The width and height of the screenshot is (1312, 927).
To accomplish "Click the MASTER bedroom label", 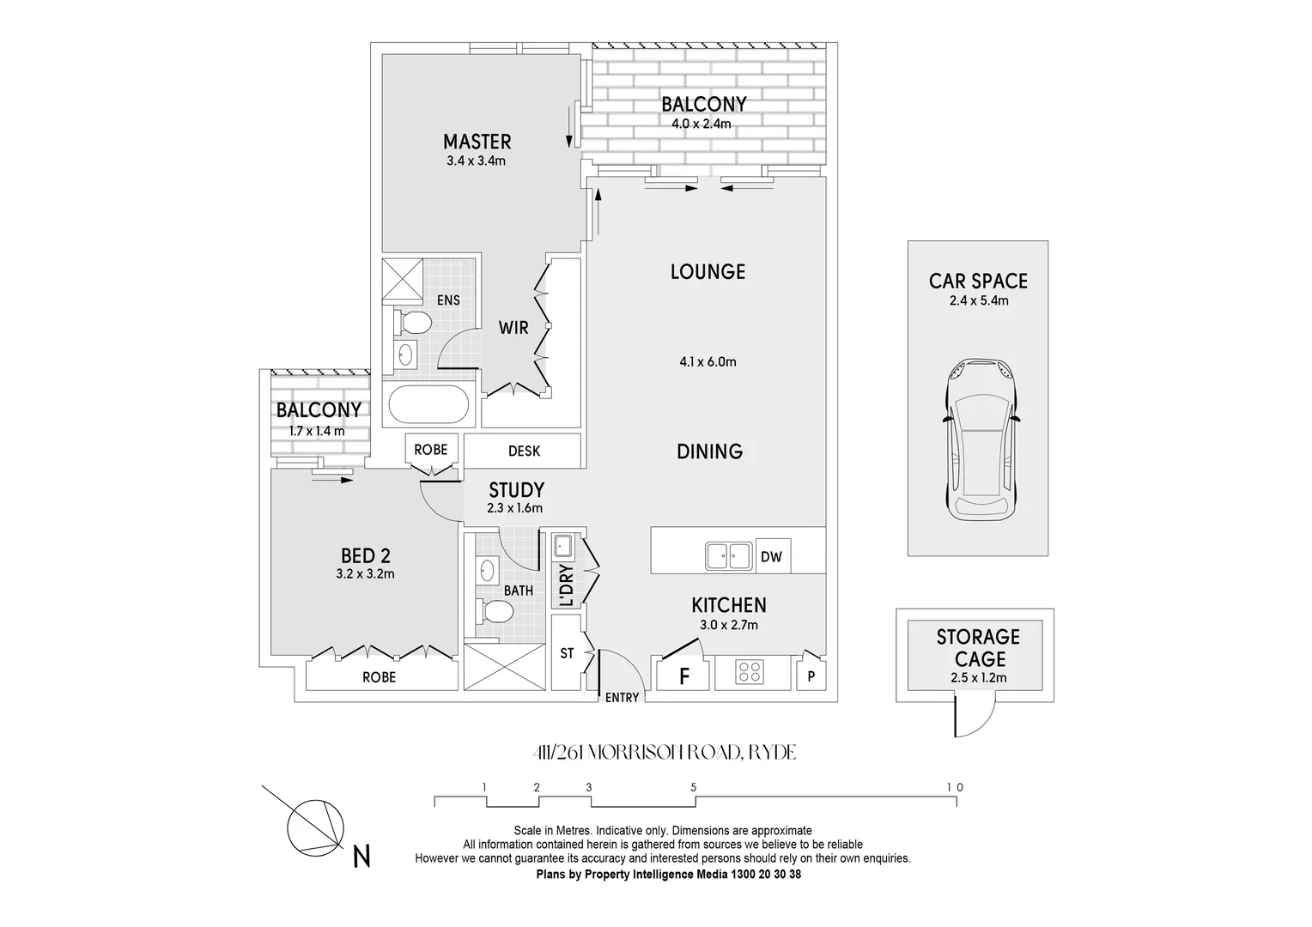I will (477, 142).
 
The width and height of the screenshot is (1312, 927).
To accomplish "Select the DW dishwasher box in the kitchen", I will (771, 557).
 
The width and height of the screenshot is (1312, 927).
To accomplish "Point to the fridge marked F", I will (684, 676).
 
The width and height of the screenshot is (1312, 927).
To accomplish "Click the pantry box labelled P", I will (811, 676).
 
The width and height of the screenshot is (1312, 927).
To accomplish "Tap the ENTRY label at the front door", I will (622, 698).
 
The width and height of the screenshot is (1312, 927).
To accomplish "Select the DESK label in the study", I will (524, 451).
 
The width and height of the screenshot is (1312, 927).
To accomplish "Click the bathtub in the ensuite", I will (428, 405).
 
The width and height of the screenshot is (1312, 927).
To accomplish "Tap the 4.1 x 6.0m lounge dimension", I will (708, 361).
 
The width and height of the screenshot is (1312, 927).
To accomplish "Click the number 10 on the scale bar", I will (955, 787).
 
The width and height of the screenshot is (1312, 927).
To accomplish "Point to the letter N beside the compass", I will (362, 856).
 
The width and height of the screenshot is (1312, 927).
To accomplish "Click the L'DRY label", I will (566, 585).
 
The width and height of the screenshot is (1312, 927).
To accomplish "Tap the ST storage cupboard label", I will (567, 653).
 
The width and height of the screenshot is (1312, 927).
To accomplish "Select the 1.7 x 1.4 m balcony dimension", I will (317, 431).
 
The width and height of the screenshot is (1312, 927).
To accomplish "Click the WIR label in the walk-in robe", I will (513, 327).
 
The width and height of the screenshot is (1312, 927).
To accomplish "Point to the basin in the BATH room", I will (488, 570).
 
